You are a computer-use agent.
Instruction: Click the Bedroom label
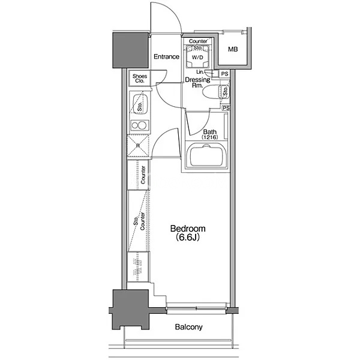pyautogui.click(x=188, y=229)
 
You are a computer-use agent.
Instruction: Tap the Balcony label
pyautogui.click(x=189, y=327)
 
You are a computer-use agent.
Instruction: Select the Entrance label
pyautogui.click(x=166, y=56)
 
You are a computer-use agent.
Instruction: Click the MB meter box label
pyautogui.click(x=233, y=49)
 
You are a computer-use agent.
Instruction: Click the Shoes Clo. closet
pyautogui.click(x=140, y=78)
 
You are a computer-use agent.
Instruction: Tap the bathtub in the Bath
pyautogui.click(x=206, y=155)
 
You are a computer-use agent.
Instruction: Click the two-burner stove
pyautogui.click(x=139, y=125)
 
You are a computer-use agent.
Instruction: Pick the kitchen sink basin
pyautogui.click(x=140, y=104)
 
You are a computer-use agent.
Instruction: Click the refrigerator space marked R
pyautogui.click(x=138, y=145)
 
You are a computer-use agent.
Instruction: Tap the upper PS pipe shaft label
pyautogui.click(x=224, y=74)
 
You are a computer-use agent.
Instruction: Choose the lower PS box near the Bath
pyautogui.click(x=226, y=107)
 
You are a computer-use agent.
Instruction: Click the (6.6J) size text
pyautogui.click(x=187, y=238)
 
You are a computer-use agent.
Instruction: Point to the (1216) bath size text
pyautogui.click(x=209, y=137)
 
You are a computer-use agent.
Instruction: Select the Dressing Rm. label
pyautogui.click(x=197, y=82)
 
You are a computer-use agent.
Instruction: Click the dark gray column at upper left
pyautogui.click(x=130, y=50)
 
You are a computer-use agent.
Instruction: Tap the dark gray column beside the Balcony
pyautogui.click(x=130, y=309)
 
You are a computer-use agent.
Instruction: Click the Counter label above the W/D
pyautogui.click(x=198, y=41)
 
